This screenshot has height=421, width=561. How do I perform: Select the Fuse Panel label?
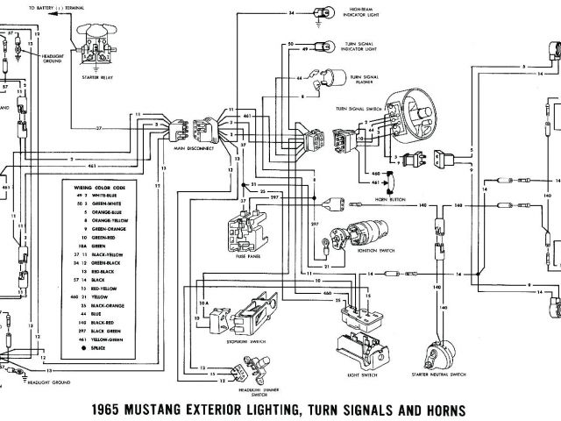tap(251, 257)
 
